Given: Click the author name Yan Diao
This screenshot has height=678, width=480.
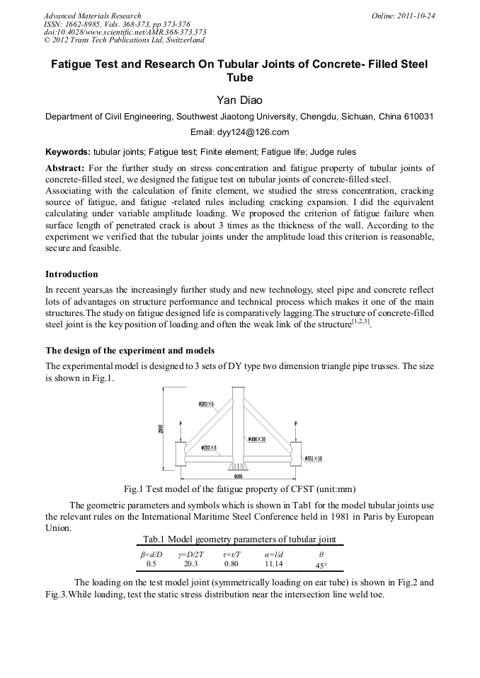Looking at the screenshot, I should click(x=239, y=100).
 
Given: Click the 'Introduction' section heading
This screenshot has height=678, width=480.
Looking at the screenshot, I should click(x=72, y=274).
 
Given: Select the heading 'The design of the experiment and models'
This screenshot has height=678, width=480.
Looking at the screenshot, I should click(x=130, y=350).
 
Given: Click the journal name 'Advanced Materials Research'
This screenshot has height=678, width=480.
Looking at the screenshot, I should click(x=92, y=16).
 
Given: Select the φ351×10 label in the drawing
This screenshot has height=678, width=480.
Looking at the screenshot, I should click(x=313, y=459).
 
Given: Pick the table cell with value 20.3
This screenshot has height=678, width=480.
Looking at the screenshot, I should click(x=190, y=564).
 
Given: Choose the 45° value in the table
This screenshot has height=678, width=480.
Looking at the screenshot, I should click(x=321, y=566).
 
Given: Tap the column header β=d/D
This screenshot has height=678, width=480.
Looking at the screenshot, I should click(x=151, y=554).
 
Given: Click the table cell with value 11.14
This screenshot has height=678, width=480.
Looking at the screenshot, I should click(x=273, y=564).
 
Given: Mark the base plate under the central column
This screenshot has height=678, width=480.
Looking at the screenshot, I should click(x=236, y=467).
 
